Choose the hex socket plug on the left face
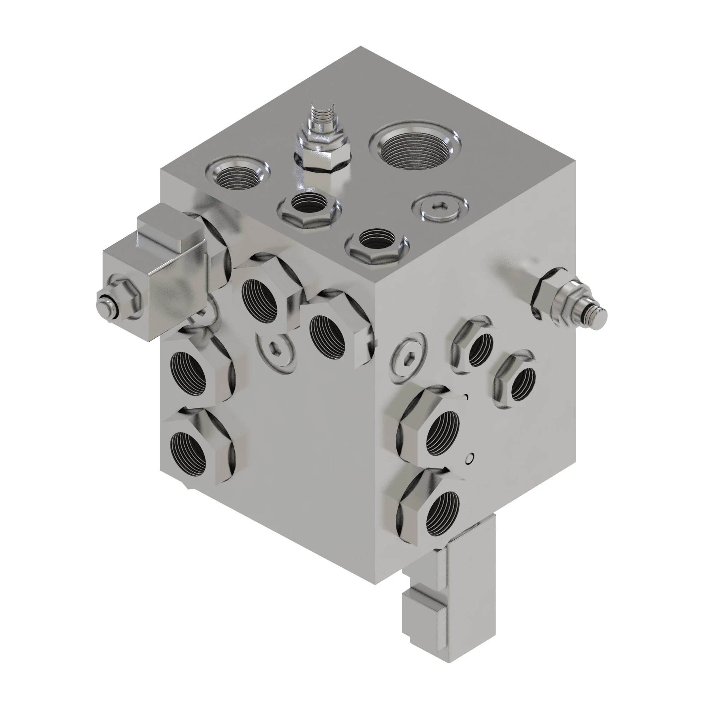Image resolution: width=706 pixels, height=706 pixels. [x=276, y=353]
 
